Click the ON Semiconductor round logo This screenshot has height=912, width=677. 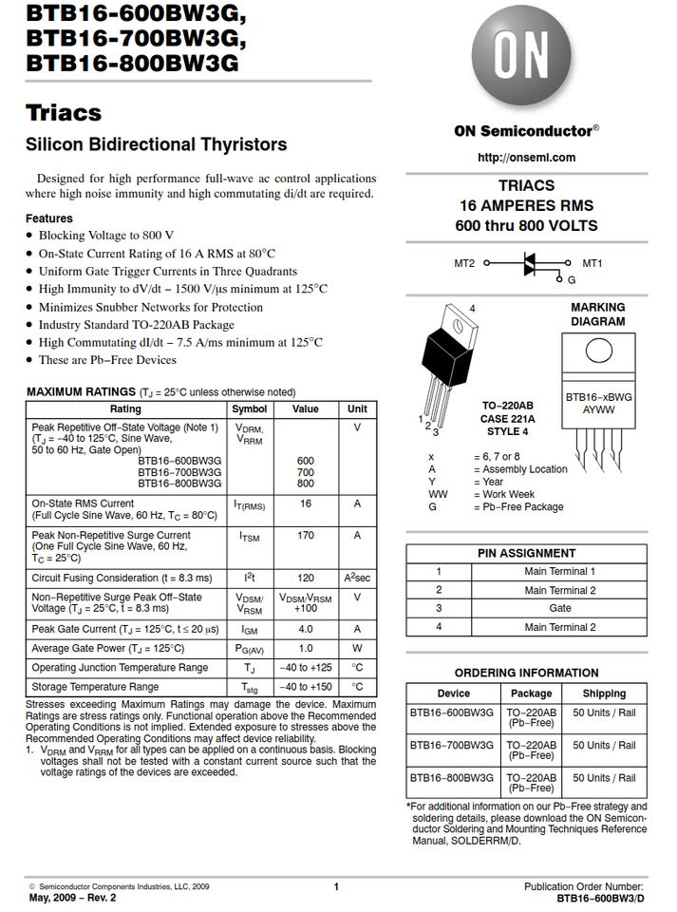[525, 58]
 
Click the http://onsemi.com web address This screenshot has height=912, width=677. [526, 158]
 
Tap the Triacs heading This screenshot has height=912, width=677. [64, 113]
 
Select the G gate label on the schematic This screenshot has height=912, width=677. [572, 280]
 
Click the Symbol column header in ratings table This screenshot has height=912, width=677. [250, 409]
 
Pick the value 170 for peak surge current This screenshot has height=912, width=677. [305, 536]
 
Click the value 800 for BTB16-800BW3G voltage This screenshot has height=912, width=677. [305, 484]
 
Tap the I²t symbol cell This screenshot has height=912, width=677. [250, 578]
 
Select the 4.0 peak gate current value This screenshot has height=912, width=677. [305, 629]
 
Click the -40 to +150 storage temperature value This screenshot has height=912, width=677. [305, 687]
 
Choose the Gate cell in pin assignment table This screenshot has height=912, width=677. [560, 608]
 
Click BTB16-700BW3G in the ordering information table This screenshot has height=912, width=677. [452, 746]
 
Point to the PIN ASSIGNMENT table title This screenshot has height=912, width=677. [526, 553]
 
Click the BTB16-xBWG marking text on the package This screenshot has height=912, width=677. [598, 397]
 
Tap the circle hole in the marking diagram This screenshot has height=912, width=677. [598, 350]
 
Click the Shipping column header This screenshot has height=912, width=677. [604, 693]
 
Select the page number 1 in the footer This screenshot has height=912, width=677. [336, 886]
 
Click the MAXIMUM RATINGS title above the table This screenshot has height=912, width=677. [81, 391]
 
